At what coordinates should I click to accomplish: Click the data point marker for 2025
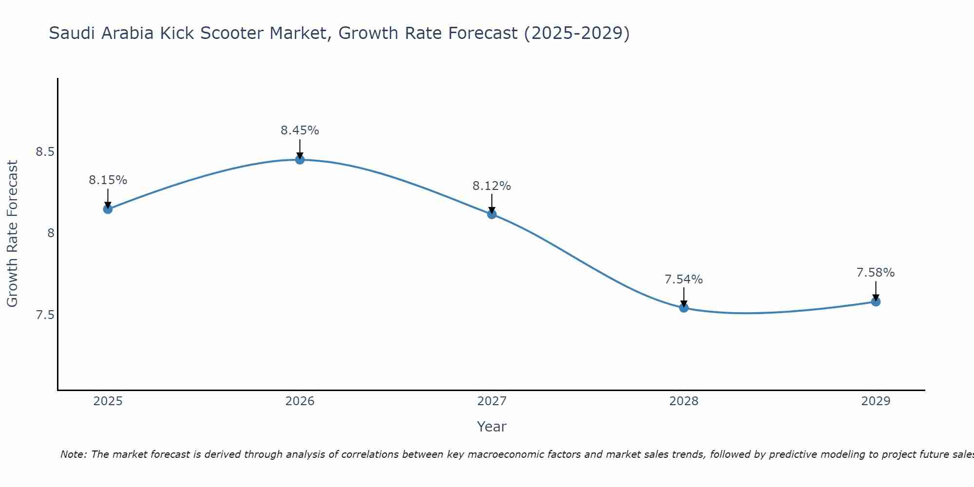(108, 209)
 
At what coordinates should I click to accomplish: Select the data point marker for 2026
(300, 160)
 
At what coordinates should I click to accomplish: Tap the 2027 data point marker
(492, 214)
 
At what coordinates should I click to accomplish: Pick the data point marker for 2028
(684, 308)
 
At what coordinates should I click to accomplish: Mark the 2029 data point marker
(876, 302)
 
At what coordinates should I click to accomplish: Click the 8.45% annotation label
(300, 131)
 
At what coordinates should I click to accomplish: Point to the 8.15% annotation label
(108, 180)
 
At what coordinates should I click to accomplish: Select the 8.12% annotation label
(492, 186)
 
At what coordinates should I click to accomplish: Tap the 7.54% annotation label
(684, 280)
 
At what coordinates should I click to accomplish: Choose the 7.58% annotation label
(876, 273)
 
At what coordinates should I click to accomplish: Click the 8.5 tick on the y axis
(45, 152)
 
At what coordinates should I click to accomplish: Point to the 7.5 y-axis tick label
(45, 315)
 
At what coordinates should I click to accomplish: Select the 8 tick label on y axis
(51, 233)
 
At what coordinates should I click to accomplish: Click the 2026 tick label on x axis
(300, 401)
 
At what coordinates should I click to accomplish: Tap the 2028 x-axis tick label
(684, 401)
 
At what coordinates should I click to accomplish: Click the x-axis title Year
(492, 427)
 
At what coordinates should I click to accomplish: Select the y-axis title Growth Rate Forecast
(12, 234)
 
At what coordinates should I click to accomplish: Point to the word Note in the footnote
(73, 454)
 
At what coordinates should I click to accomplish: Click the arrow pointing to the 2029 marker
(876, 290)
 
